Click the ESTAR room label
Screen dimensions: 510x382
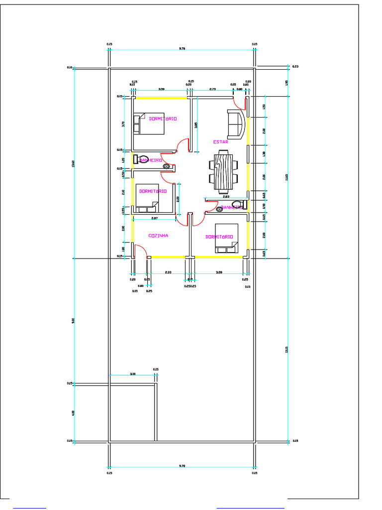(220, 142)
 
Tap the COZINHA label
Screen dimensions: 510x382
(158, 236)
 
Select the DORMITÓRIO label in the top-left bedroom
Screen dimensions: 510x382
(163, 119)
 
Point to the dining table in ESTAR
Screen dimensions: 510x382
(223, 171)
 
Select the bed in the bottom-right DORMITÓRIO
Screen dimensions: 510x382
(226, 239)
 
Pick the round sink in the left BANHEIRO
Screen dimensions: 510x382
(167, 166)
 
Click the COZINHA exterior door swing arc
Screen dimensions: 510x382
(141, 251)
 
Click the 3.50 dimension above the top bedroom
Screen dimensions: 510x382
(161, 89)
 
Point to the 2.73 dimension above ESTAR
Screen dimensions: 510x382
(212, 89)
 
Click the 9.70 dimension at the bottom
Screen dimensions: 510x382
(182, 466)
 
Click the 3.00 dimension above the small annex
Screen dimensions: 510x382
(132, 373)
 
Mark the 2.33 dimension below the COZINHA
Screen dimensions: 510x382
(168, 272)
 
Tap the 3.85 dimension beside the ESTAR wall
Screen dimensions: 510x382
(196, 125)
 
